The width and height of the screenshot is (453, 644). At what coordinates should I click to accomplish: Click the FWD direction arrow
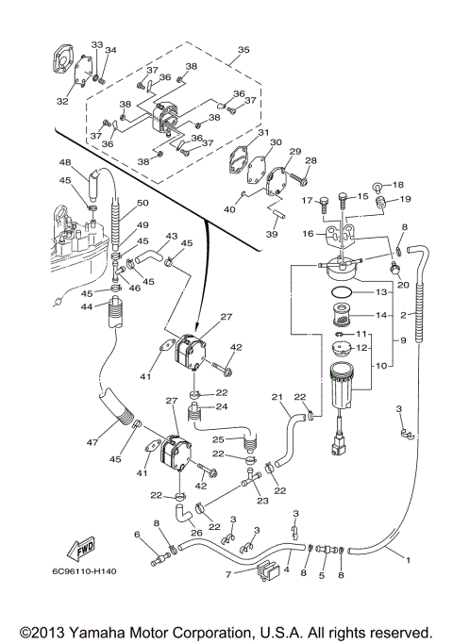click(81, 549)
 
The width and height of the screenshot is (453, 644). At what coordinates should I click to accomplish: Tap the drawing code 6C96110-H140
click(84, 571)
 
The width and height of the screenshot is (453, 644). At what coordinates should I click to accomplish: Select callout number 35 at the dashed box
click(243, 50)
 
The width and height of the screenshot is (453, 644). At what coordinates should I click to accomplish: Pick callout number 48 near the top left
click(65, 162)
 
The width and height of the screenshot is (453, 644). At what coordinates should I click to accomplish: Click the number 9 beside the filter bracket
click(403, 340)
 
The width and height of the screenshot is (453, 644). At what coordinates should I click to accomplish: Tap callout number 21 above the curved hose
click(277, 397)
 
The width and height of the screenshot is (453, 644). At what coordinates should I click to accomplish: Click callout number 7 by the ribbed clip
click(229, 574)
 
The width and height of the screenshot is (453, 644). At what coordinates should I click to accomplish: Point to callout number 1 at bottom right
click(408, 560)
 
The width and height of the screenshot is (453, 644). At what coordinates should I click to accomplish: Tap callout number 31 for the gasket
click(263, 132)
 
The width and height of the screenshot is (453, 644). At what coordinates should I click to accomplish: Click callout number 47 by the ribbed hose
click(92, 442)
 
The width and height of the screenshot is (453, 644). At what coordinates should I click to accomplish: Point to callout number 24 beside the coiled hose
click(223, 406)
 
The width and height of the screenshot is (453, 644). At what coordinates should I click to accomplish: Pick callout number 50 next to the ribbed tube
click(143, 203)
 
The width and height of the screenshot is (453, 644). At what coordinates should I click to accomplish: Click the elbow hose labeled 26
click(181, 513)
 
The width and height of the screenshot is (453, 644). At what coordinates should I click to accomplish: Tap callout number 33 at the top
click(97, 44)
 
